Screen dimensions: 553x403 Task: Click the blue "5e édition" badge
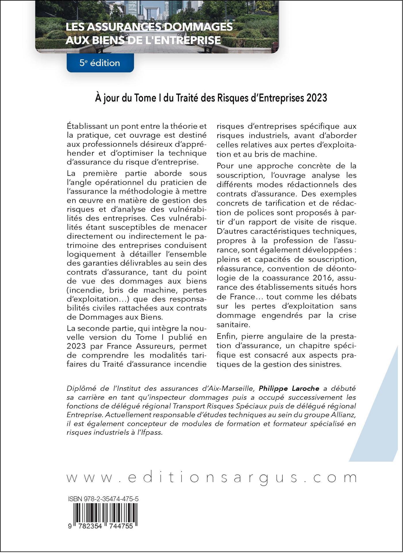pyautogui.click(x=100, y=63)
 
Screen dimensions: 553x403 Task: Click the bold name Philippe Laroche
pyautogui.click(x=289, y=389)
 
